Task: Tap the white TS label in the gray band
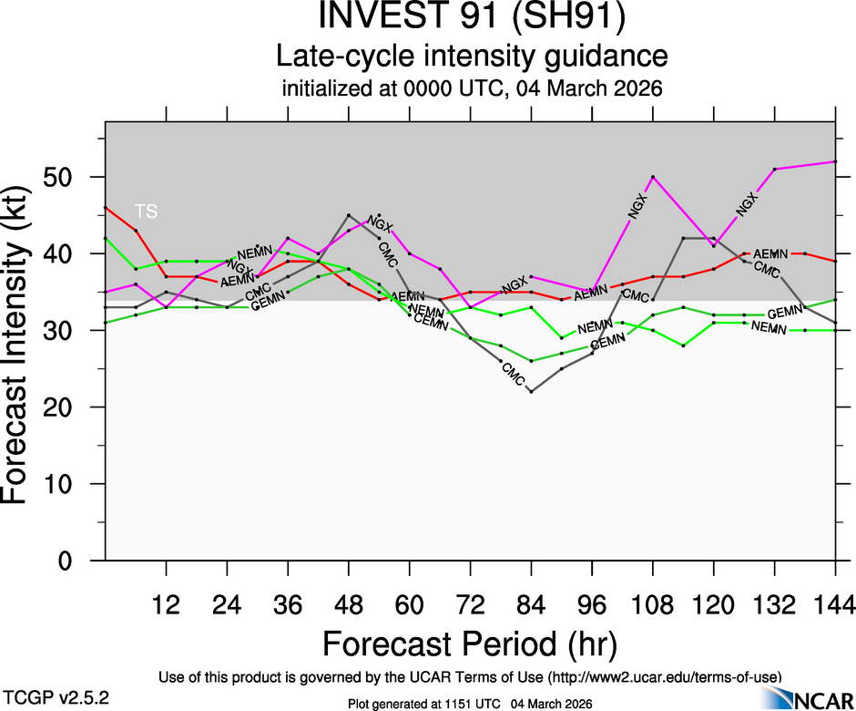pos(146,211)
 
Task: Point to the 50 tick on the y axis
pos(74,177)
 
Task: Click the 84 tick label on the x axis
pos(531,604)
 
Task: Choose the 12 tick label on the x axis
pos(166,604)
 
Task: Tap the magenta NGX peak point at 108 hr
pos(653,177)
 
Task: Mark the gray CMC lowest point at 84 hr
pos(531,392)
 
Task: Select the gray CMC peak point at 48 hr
pos(349,215)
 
